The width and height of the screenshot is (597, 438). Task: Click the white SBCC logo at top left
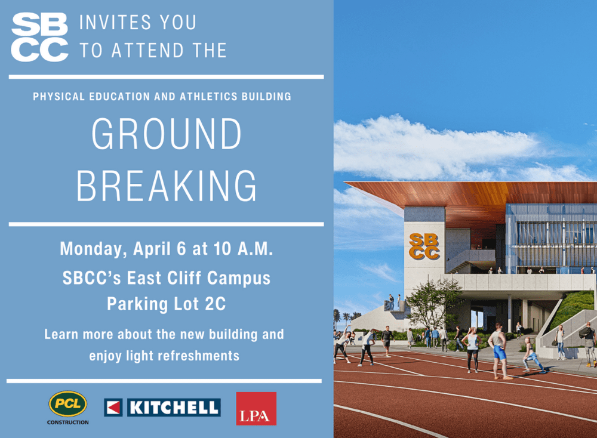coord(39,37)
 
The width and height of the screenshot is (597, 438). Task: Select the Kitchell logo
coord(162,408)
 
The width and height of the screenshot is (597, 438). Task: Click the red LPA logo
coord(256,408)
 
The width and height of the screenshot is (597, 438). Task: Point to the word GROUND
coord(167,134)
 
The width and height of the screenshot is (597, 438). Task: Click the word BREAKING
coord(167,186)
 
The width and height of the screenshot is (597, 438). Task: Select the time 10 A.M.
coord(244,248)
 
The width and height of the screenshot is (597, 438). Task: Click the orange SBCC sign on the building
coord(424,246)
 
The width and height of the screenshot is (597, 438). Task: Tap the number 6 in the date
coord(181,249)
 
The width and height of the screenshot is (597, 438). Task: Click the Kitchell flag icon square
coord(113,408)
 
